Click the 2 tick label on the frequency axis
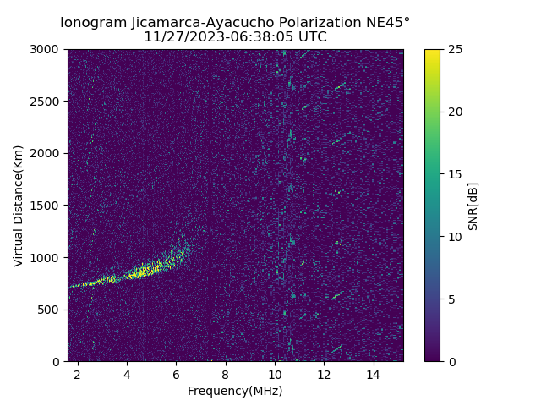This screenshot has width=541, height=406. pyautogui.click(x=78, y=374)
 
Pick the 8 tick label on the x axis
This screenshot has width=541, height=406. pyautogui.click(x=226, y=374)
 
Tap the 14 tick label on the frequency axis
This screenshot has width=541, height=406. pyautogui.click(x=373, y=374)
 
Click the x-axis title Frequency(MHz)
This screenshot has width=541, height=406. pyautogui.click(x=235, y=391)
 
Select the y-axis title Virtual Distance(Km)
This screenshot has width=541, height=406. pyautogui.click(x=18, y=206)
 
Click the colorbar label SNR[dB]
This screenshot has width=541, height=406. pyautogui.click(x=473, y=206)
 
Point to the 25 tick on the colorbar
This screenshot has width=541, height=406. pyautogui.click(x=454, y=49)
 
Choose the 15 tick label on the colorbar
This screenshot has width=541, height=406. pyautogui.click(x=454, y=174)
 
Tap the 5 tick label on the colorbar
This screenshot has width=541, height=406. pyautogui.click(x=451, y=299)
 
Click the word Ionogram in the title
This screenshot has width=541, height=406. pyautogui.click(x=93, y=22)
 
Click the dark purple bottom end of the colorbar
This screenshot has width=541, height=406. pyautogui.click(x=432, y=358)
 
